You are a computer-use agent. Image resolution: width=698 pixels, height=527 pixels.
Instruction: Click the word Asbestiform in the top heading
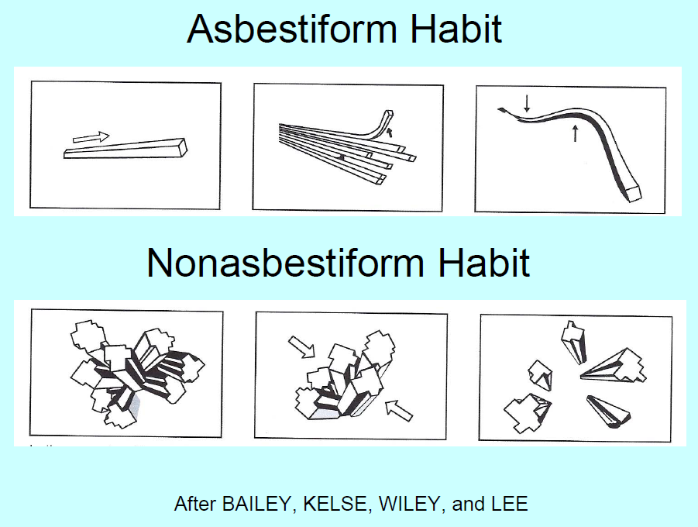click(292, 29)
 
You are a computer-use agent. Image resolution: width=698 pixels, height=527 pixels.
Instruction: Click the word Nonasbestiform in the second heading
click(284, 263)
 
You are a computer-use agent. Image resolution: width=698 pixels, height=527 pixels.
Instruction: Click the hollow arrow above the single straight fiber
click(91, 137)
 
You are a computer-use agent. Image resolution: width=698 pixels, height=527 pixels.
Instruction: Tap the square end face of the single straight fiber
click(183, 147)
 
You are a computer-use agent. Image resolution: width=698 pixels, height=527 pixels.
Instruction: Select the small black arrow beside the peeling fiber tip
click(390, 132)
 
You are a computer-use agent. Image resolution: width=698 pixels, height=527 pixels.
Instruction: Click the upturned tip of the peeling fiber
click(388, 115)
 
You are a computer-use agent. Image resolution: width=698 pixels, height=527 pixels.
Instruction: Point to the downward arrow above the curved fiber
click(527, 103)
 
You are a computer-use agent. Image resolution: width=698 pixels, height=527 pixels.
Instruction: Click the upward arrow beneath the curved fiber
click(575, 133)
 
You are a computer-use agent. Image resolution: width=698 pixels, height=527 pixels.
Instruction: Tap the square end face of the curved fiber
click(634, 194)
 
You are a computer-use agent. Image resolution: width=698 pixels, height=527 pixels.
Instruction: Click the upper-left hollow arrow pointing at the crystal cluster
click(302, 347)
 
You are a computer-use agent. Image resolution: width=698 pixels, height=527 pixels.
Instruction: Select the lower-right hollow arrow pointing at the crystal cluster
click(399, 410)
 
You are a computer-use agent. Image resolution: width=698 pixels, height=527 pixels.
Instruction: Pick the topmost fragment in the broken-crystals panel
click(574, 341)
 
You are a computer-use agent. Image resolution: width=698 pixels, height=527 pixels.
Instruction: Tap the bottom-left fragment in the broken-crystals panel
click(528, 412)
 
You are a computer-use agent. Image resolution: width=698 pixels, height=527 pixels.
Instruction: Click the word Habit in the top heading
click(456, 29)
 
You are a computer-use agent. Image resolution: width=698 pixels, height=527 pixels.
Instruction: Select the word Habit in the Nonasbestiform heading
click(484, 263)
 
